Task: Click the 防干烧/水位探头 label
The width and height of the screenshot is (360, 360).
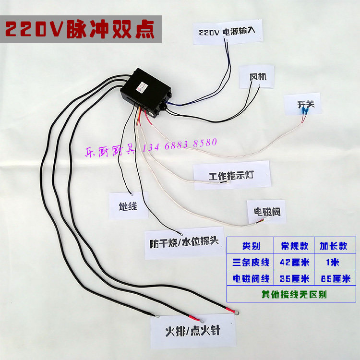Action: pos(184,240)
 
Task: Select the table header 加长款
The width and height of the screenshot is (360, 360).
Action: pos(334,246)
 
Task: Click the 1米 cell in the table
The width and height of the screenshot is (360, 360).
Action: pos(334,262)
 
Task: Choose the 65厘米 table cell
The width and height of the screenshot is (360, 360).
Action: pos(334,278)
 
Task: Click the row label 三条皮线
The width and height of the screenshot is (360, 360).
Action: pos(251,262)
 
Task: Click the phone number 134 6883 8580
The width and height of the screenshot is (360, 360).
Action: pos(180,144)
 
